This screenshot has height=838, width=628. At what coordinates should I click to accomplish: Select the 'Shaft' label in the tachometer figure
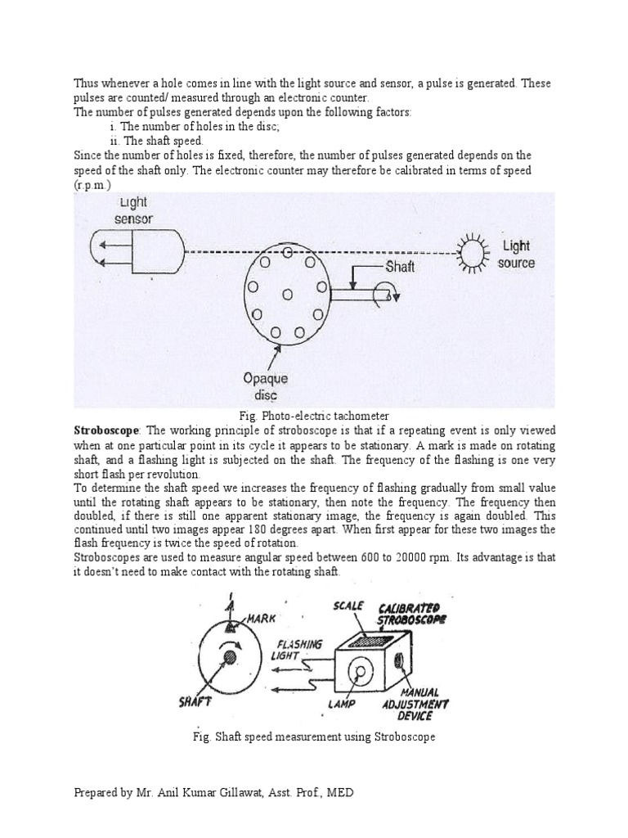tap(400, 268)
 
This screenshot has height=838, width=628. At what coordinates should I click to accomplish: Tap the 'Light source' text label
tap(516, 255)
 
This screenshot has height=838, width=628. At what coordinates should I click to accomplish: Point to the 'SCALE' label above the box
tap(348, 606)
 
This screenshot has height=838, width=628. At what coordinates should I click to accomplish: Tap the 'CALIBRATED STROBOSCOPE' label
tap(412, 613)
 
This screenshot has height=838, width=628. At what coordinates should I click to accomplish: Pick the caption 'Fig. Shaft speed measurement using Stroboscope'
tap(312, 737)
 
